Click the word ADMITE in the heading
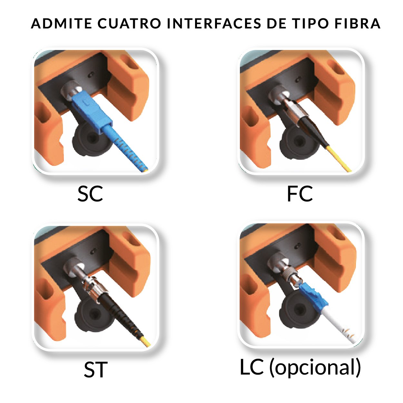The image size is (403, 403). click(61, 23)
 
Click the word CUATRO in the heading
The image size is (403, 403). click(129, 23)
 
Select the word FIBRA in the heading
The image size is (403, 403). click(358, 23)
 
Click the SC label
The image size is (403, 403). click(90, 194)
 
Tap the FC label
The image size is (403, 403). click(300, 194)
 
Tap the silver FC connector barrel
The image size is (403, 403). click(293, 109)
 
